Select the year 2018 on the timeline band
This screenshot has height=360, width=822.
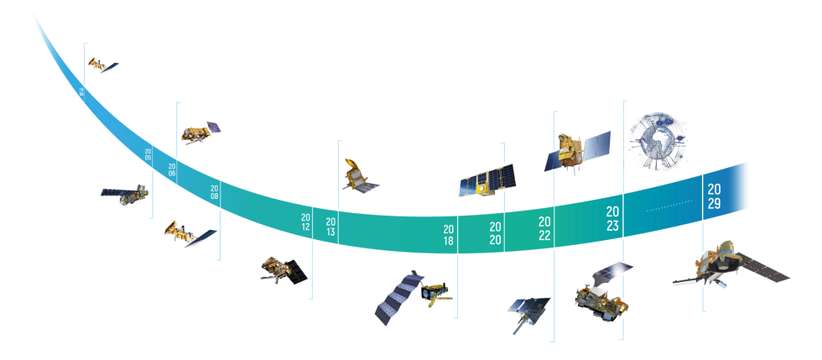[x=450, y=235]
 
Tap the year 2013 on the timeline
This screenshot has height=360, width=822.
[x=330, y=227]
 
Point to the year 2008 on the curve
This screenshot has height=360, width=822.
[x=214, y=191]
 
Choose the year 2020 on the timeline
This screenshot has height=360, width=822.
[x=495, y=233]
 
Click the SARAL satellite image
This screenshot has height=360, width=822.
[x=357, y=175]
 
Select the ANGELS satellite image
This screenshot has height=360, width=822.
[x=485, y=179]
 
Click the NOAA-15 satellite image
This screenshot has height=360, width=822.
[x=103, y=65]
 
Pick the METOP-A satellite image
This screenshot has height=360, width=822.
[x=200, y=132]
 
